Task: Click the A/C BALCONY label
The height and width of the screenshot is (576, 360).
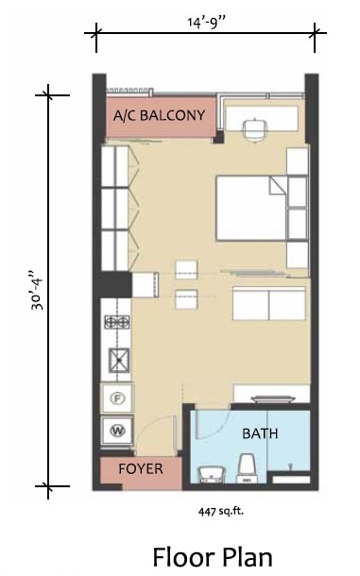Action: click(x=159, y=115)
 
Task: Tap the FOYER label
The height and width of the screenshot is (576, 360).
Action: click(x=141, y=468)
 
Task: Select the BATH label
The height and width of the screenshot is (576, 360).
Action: click(x=260, y=433)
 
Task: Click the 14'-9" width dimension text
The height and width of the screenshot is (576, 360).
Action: click(x=206, y=23)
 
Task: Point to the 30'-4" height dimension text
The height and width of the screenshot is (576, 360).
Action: click(x=37, y=291)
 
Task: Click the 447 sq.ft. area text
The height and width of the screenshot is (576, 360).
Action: click(x=221, y=511)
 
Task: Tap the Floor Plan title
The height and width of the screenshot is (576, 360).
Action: click(x=213, y=557)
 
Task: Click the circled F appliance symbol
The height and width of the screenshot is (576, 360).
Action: click(x=117, y=398)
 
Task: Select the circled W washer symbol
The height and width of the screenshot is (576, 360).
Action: click(x=117, y=431)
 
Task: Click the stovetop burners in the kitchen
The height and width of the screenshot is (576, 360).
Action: click(x=117, y=323)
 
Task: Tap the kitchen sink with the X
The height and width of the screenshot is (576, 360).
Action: click(x=119, y=360)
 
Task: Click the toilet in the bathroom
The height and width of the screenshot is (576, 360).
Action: click(x=247, y=468)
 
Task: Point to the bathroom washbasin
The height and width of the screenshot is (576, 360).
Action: click(x=212, y=474)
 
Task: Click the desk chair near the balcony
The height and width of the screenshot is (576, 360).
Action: click(x=255, y=129)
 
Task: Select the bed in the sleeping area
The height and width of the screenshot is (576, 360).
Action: click(x=251, y=209)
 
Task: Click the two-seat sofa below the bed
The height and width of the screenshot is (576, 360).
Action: click(x=269, y=303)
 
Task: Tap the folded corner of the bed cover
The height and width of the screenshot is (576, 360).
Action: click(x=278, y=185)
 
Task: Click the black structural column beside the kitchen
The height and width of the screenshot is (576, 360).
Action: click(x=112, y=284)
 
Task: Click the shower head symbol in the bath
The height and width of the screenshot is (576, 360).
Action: click(x=290, y=466)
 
